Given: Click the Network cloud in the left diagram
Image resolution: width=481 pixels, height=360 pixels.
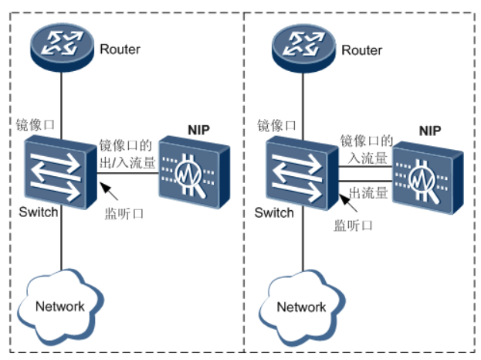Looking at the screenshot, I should [x=59, y=306].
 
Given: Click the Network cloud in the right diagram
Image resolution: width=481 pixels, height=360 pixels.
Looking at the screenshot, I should [x=300, y=306].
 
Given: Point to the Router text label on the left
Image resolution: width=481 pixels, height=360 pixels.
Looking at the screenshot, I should [x=120, y=49].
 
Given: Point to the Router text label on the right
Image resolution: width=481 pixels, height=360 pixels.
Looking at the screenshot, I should [x=361, y=49].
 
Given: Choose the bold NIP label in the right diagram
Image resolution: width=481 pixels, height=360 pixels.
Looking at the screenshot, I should [x=430, y=131].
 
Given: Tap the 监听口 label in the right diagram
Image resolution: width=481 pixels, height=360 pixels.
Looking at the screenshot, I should [x=353, y=226].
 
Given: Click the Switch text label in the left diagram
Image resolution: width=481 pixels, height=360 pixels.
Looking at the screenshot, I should [x=39, y=212].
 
